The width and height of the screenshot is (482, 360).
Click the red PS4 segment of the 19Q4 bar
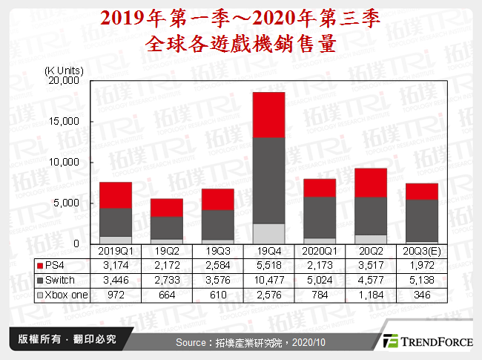click(x=268, y=114)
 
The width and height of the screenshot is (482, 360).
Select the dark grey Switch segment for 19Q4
click(x=268, y=180)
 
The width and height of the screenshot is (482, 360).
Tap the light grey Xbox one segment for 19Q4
click(x=268, y=233)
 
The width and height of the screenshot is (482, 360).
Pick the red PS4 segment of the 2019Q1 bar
click(x=115, y=194)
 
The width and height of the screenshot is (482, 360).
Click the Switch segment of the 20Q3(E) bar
click(x=421, y=220)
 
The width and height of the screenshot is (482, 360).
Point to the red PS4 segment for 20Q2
click(x=370, y=183)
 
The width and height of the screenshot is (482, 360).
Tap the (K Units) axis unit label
click(x=64, y=71)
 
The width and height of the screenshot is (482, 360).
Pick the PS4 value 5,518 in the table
click(x=268, y=265)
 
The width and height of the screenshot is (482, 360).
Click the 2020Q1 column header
click(x=319, y=252)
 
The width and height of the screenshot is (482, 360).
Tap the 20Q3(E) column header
click(x=421, y=252)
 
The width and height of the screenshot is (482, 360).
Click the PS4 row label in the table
click(x=56, y=265)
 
